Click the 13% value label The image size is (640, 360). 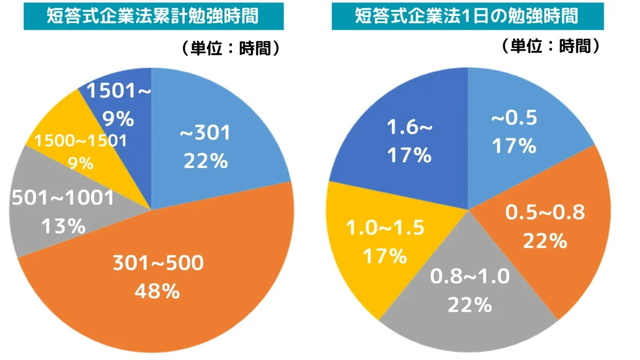(63, 226)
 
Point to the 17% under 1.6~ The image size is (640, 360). (409, 154)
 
